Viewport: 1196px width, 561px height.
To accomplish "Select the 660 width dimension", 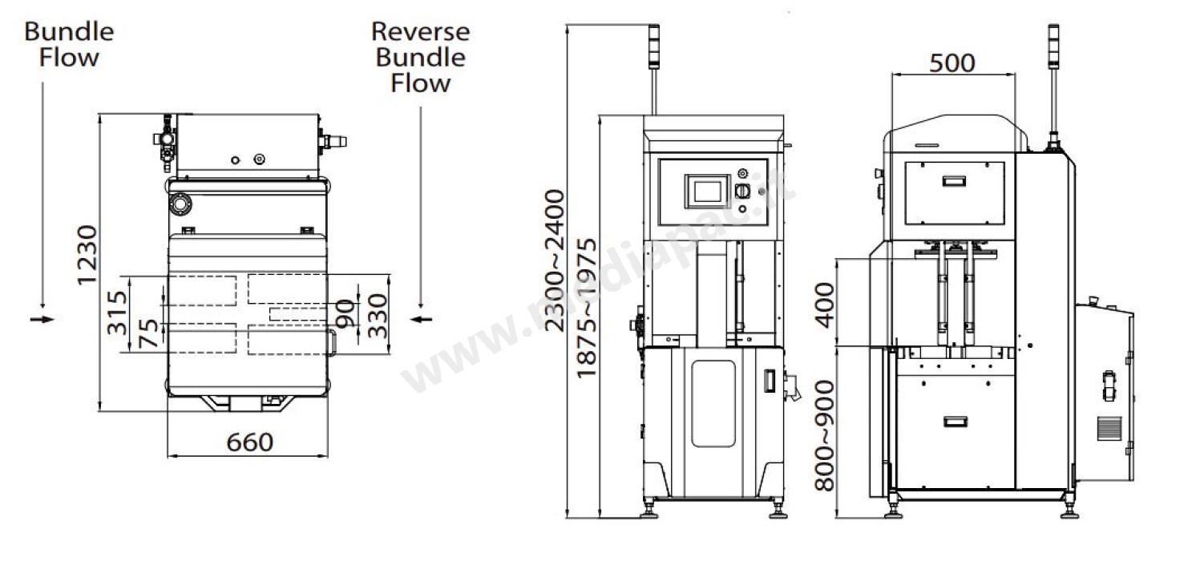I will point(249,442).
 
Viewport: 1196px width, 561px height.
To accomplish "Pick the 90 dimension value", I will point(345,314).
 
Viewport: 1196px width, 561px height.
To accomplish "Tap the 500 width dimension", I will point(952,63).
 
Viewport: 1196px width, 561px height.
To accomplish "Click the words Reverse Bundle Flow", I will point(420,57).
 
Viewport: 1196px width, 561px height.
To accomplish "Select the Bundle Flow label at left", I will point(69,44).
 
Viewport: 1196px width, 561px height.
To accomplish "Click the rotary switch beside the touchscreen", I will point(741,192).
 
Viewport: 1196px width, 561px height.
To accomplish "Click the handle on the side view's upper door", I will point(954,181).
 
